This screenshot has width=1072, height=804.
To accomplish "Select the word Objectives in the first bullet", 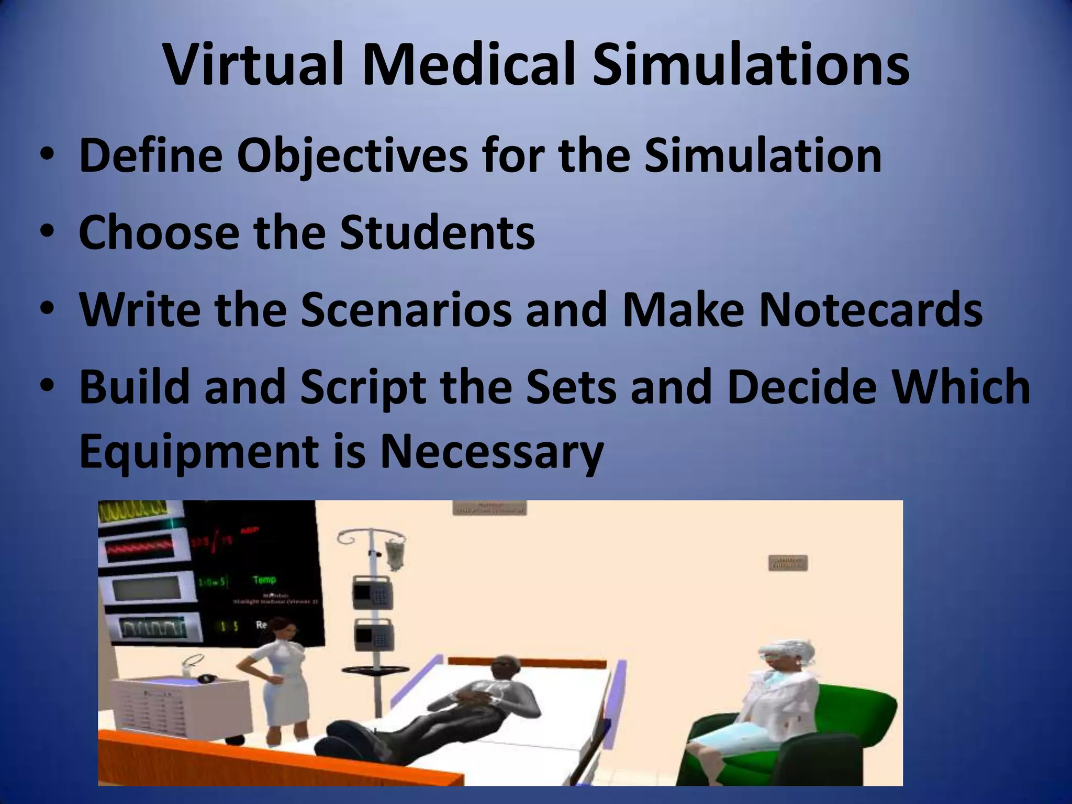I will (352, 155).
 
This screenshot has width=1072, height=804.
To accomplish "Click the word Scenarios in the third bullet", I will (406, 310).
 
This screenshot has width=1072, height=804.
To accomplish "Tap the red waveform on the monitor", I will (140, 549).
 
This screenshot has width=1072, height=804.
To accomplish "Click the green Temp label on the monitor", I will (264, 579).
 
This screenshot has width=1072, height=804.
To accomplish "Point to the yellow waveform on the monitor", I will (133, 511).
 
